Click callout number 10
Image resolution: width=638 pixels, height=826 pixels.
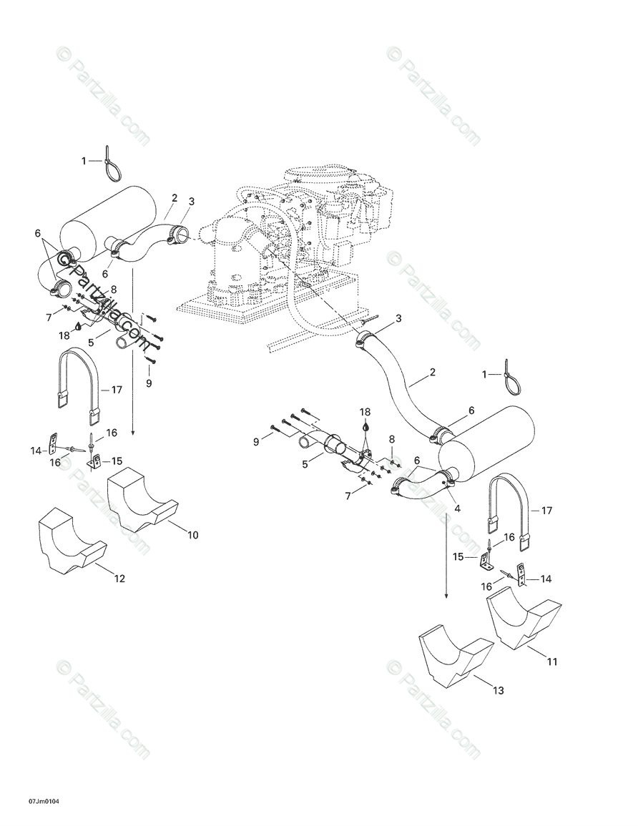coord(192,535)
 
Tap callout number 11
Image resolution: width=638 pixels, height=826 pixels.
coord(551,662)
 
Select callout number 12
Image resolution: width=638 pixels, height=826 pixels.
coord(119,578)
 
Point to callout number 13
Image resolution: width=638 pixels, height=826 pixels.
coord(499,690)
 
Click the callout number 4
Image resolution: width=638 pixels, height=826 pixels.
coord(457,509)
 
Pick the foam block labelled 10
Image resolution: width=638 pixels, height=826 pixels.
coord(142,501)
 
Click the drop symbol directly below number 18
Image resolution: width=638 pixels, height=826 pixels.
coord(365,426)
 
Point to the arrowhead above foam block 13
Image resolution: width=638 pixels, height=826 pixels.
coord(446,594)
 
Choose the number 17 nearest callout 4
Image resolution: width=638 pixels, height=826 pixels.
coord(547,511)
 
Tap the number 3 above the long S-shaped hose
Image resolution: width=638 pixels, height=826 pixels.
coord(398,318)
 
